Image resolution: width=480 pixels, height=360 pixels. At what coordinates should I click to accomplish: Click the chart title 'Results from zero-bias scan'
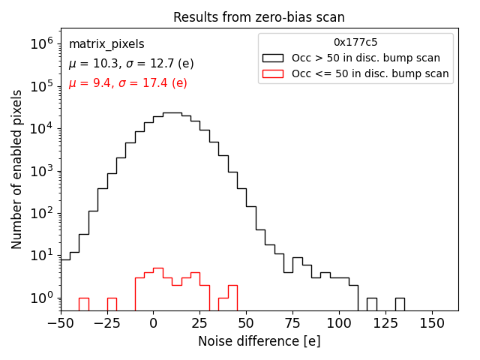point(259,17)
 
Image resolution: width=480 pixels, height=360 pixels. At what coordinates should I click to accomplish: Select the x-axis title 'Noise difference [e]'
point(259,341)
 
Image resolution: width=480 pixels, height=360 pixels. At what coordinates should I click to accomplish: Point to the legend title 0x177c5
point(355,43)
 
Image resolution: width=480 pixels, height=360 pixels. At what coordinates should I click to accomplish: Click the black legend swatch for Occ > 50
point(273,58)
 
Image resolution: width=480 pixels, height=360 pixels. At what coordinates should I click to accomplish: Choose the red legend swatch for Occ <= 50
point(273,73)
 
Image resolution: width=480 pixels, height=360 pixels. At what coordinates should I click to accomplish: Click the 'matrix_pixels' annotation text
point(106,44)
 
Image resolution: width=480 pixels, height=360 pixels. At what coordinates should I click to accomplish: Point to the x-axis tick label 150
point(432,323)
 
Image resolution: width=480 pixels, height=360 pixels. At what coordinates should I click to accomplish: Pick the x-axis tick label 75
point(292,323)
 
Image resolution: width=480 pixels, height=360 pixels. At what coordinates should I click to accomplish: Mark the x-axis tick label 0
point(153,323)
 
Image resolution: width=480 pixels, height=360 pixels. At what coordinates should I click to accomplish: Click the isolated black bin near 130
point(400,304)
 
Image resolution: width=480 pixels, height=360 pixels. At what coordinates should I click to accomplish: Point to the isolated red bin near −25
point(111,304)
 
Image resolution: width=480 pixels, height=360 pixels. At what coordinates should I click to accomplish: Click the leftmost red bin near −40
point(83,304)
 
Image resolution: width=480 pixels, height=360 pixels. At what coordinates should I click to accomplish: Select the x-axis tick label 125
point(385,323)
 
